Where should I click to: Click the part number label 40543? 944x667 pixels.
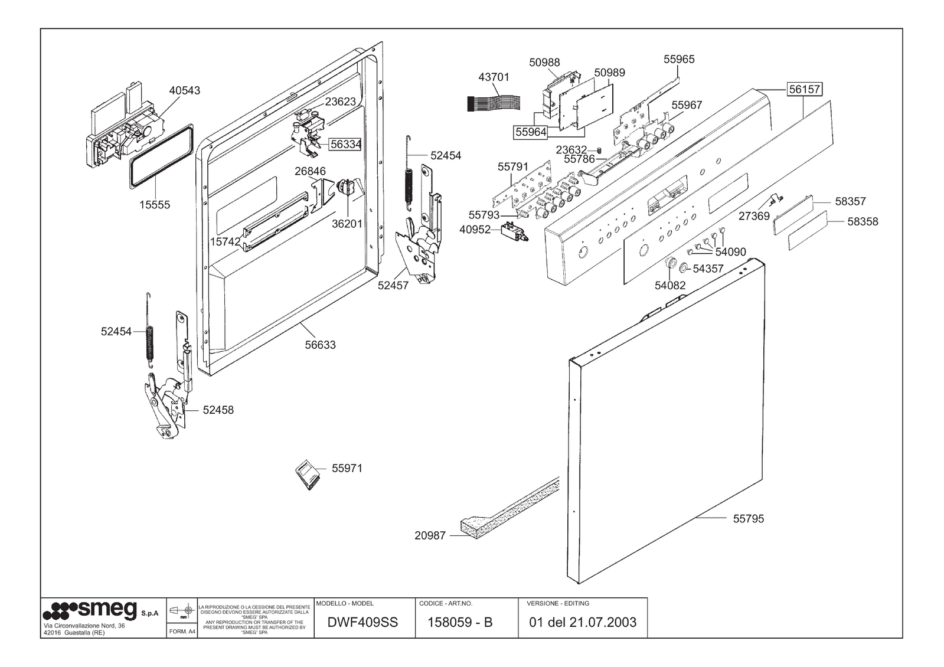184,90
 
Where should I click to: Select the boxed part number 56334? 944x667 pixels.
345,144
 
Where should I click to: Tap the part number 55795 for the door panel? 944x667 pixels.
748,519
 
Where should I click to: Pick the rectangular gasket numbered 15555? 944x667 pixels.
162,156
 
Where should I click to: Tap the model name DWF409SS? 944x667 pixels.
362,622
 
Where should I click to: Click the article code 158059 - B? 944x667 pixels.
459,622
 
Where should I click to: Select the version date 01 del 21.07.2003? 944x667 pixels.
583,622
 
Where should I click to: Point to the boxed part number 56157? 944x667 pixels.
805,89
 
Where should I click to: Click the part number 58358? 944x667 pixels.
863,222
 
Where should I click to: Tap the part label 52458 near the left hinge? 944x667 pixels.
218,410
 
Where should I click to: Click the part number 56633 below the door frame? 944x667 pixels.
320,345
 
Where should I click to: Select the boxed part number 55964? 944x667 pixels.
531,132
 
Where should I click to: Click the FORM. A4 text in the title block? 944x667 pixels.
182,631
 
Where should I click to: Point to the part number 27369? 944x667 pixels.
754,216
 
